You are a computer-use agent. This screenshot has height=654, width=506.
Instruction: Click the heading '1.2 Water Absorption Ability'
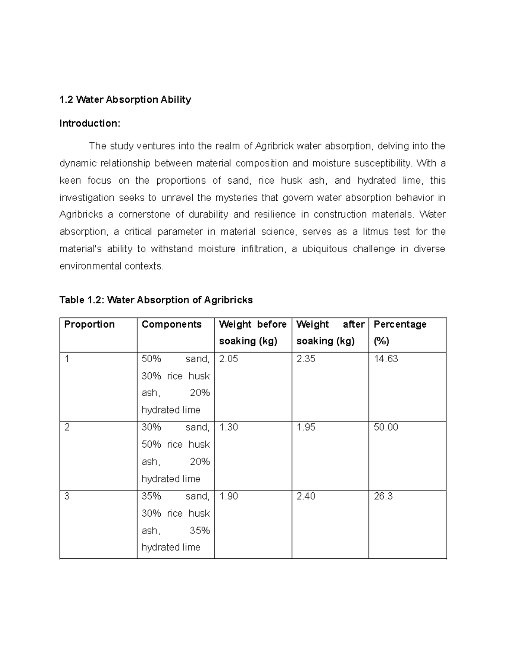[125, 100]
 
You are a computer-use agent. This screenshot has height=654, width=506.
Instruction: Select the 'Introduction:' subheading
[90, 123]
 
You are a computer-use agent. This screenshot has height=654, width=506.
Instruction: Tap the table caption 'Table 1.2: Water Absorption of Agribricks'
[156, 300]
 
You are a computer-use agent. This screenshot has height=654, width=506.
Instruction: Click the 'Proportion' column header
[89, 324]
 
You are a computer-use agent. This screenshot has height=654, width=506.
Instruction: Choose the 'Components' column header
[172, 324]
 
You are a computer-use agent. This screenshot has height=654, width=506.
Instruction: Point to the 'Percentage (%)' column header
[400, 332]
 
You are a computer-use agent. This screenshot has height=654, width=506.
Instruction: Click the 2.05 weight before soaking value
[229, 359]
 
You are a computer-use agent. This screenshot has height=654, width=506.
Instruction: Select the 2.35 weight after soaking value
[306, 359]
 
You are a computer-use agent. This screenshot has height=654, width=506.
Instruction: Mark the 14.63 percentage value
[386, 359]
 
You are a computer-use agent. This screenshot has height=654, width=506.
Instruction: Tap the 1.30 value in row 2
[229, 427]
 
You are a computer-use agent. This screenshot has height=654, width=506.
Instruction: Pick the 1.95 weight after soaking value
[306, 427]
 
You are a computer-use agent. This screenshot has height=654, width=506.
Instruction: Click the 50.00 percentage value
[386, 427]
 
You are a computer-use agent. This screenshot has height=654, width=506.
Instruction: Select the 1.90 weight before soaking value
[229, 497]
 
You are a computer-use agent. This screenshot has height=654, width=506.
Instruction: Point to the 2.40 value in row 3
[306, 497]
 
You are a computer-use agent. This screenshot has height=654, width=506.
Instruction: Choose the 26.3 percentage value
[383, 497]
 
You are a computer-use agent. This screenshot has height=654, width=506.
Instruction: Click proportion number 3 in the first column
[67, 497]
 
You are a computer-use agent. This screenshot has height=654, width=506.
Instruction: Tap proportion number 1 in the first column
[67, 359]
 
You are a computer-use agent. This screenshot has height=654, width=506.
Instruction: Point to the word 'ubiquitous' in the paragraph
[325, 249]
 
